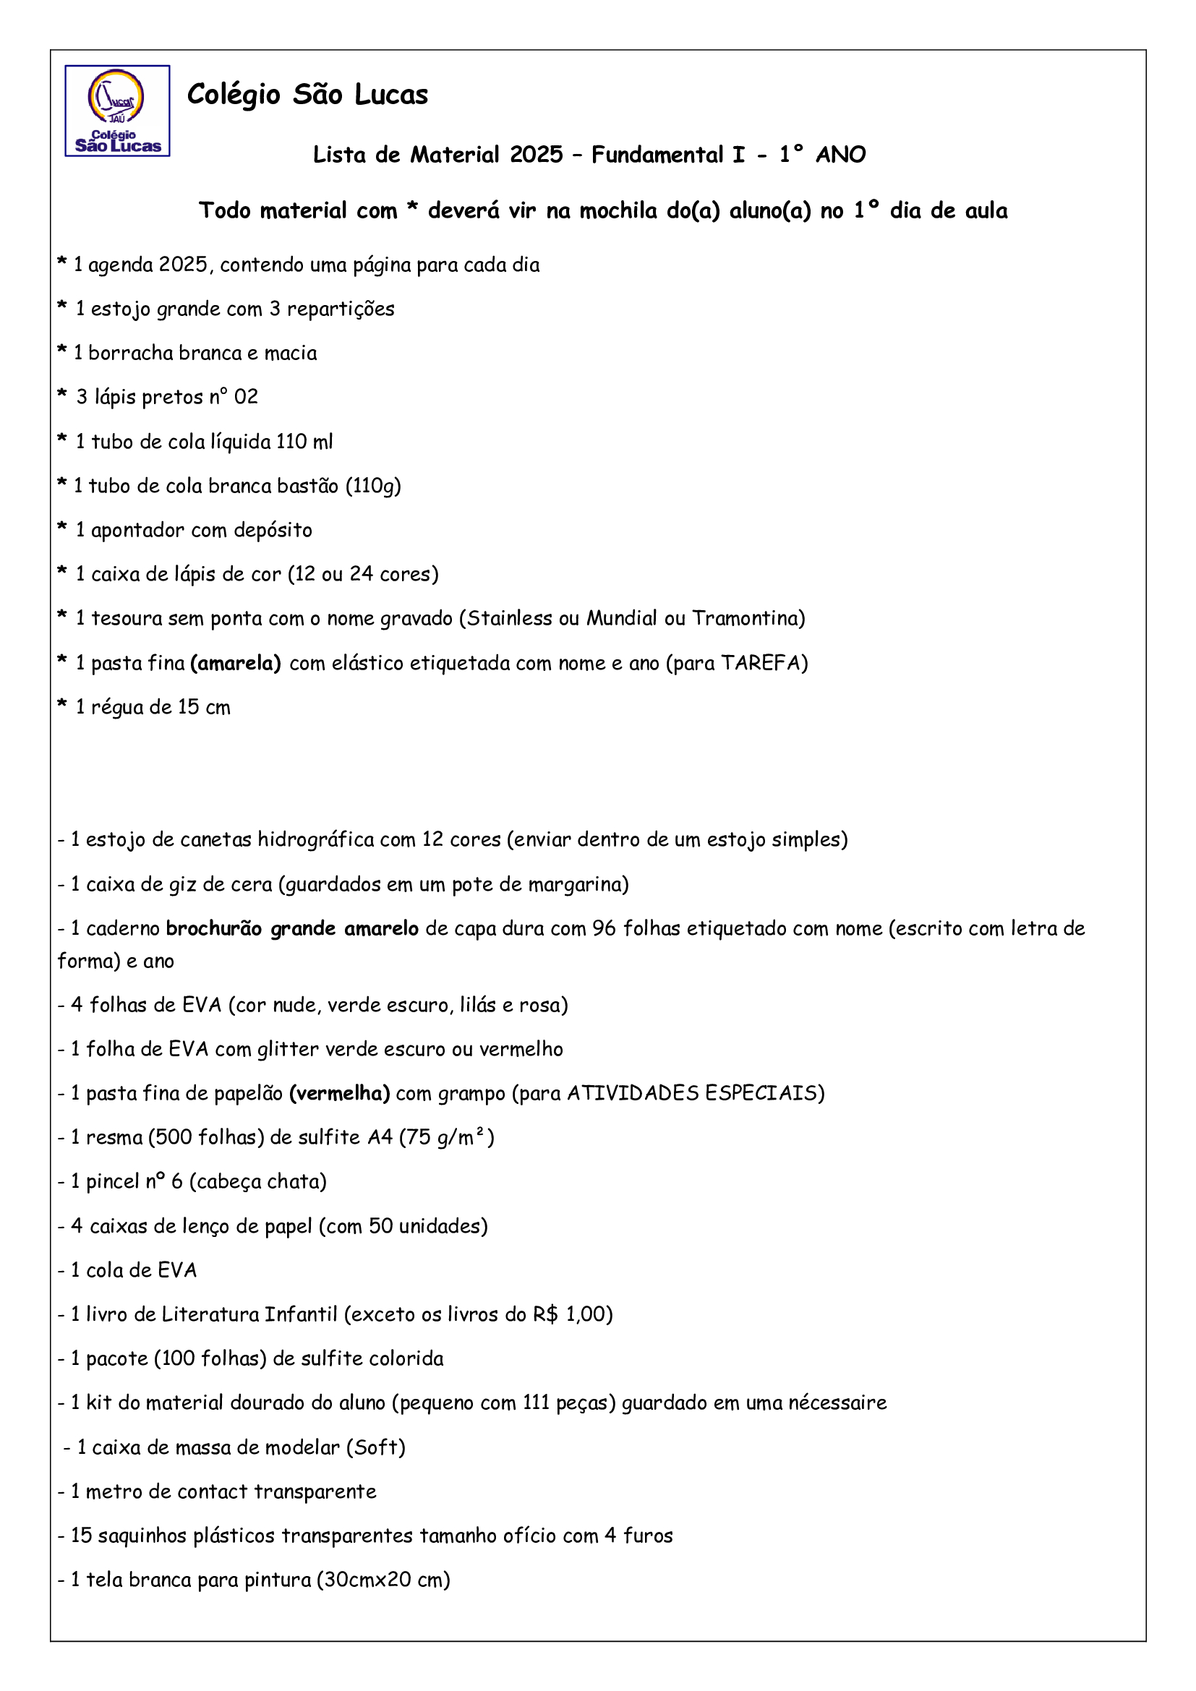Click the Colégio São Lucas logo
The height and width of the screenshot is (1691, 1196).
click(117, 111)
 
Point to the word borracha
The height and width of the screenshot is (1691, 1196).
click(130, 354)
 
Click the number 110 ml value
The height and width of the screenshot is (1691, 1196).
click(304, 442)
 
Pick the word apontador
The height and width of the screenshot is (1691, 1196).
click(137, 530)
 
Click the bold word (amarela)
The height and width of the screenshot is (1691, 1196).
click(236, 664)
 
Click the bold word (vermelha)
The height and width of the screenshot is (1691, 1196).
click(340, 1093)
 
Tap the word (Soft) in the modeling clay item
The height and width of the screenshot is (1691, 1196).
click(375, 1447)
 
